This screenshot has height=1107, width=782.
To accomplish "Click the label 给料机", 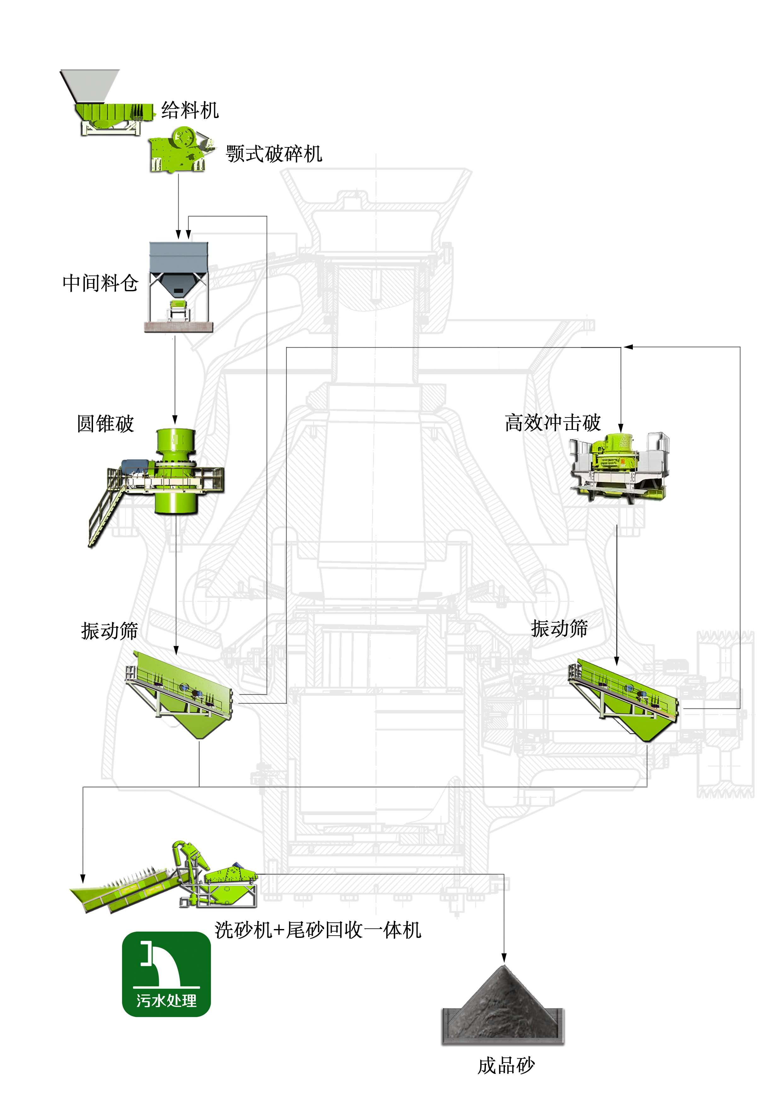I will (x=190, y=110).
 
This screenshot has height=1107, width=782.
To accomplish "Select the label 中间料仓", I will (x=100, y=283).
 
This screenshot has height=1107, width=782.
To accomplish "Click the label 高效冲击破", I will (x=553, y=423).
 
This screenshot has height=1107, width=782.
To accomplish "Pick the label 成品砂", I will (x=506, y=1066).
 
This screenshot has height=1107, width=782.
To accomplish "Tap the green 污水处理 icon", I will (x=166, y=974).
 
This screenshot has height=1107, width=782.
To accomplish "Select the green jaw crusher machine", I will (x=179, y=150).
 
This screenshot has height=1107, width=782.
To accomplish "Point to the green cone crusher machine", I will (x=176, y=470).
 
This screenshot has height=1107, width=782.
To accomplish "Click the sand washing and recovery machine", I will (x=166, y=882).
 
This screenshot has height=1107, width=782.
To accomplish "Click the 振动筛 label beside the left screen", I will (x=109, y=630).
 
